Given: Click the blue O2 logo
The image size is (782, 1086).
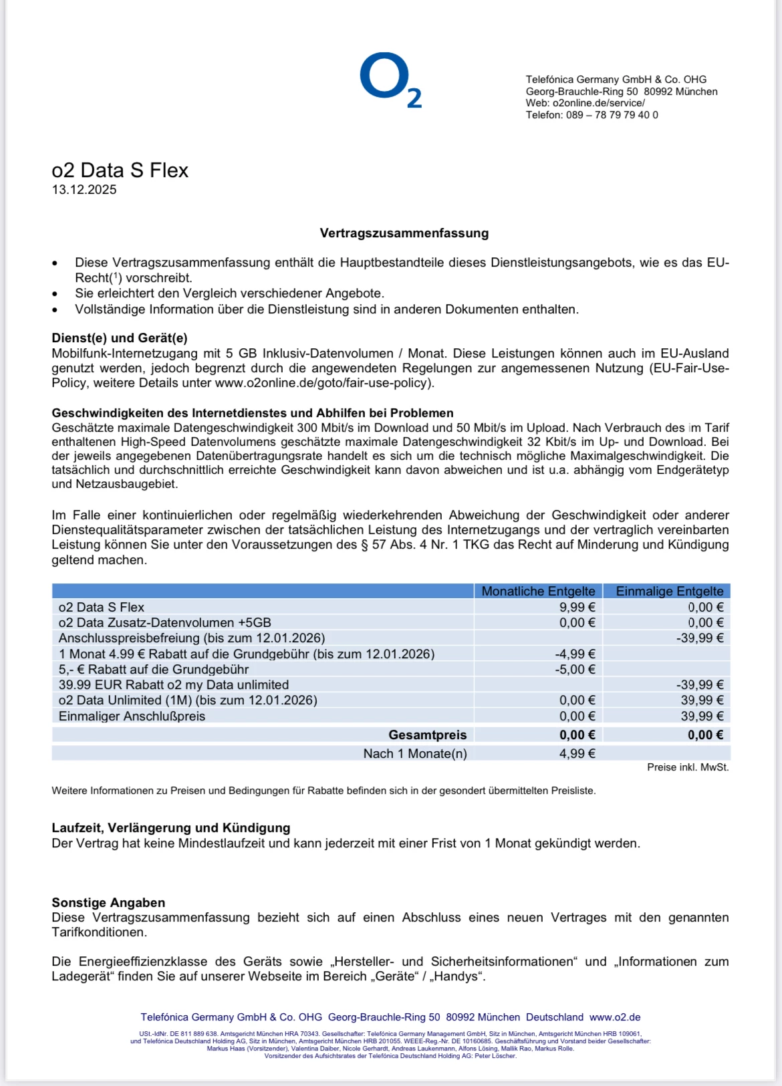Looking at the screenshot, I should tap(390, 80).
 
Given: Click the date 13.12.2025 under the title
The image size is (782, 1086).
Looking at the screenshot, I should tap(84, 190).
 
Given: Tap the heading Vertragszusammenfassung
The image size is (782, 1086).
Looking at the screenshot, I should tap(404, 233).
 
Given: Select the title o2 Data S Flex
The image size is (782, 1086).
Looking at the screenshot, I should tap(120, 170).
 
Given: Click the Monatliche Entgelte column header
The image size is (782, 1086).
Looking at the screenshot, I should tap(538, 591).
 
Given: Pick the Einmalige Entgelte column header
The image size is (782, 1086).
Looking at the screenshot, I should tap(669, 591).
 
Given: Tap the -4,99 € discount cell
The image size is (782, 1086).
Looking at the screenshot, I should tap(575, 654).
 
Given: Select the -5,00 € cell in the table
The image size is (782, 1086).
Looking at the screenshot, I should tap(575, 670).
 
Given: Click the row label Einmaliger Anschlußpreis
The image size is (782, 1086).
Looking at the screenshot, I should tap(132, 716).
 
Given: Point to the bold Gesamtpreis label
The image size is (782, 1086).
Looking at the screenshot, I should tap(427, 735).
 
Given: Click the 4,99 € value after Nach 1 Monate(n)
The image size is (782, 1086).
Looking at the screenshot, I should tap(577, 754).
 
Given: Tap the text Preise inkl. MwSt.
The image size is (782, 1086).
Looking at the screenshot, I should tap(687, 767).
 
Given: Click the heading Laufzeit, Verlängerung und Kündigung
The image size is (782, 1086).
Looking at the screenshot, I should tap(171, 828).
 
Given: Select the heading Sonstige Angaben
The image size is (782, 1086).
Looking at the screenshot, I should tap(108, 903).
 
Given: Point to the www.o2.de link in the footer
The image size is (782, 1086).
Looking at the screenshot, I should tap(615, 1017).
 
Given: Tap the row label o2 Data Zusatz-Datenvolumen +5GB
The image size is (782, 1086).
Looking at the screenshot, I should tap(164, 623).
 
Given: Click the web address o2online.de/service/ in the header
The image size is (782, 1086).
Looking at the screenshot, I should tap(598, 103).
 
